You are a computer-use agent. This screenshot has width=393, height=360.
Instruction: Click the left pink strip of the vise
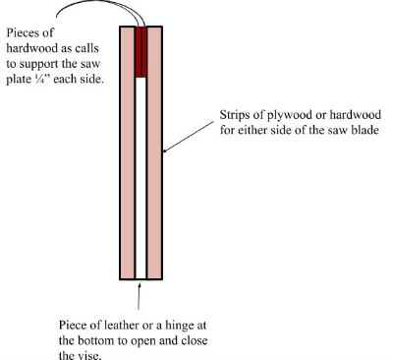pos(128,152)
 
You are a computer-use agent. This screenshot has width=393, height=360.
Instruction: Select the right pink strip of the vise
pos(154,152)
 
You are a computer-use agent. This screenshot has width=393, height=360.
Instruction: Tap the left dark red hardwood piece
pos(138,52)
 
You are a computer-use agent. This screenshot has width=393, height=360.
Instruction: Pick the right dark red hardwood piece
pos(143,52)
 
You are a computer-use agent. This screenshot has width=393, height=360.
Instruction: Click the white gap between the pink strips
pos(140,178)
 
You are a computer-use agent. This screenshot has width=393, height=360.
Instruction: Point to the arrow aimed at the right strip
pos(189,138)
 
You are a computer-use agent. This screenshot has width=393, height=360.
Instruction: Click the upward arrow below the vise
pos(140,296)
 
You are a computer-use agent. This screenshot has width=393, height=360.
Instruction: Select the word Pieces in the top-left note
pos(25,33)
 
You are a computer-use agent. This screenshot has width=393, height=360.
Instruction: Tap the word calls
pos(86,48)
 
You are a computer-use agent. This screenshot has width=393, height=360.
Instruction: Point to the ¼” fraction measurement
pos(42,79)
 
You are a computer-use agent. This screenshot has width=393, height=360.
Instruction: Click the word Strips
pos(236,115)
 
